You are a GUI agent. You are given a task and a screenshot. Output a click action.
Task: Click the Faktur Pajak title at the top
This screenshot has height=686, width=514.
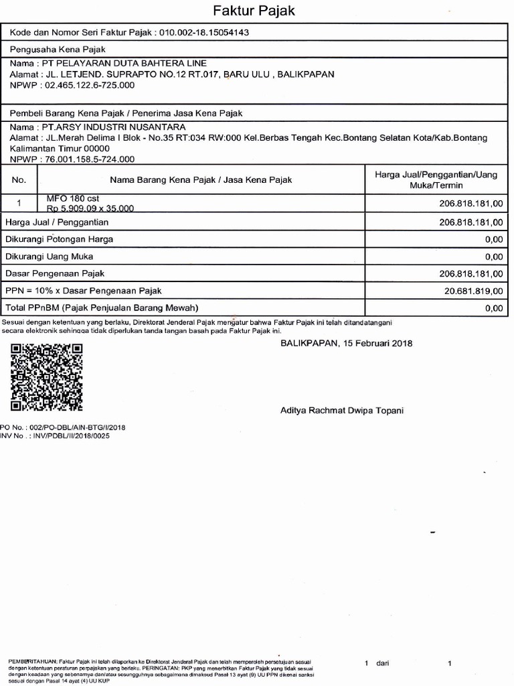254,11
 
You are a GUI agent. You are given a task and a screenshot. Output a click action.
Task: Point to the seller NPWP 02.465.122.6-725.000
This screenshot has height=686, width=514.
89,85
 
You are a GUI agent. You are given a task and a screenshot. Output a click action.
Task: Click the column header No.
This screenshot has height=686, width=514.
19,180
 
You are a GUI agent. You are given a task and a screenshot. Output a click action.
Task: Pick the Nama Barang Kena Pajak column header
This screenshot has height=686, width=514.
201,180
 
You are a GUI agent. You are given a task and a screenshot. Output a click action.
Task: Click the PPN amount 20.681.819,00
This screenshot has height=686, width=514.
473,291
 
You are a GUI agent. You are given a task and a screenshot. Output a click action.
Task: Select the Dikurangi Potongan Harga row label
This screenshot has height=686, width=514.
60,239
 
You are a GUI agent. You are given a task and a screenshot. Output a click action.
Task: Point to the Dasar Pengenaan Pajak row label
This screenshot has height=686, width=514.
55,273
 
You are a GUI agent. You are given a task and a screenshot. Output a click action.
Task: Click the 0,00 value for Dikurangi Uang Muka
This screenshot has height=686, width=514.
493,257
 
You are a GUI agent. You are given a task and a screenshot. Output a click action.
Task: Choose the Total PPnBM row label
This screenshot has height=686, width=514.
102,308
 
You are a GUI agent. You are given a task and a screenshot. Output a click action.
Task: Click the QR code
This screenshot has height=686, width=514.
47,377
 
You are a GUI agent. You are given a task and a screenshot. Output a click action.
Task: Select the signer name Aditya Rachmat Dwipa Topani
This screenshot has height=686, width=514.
341,410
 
